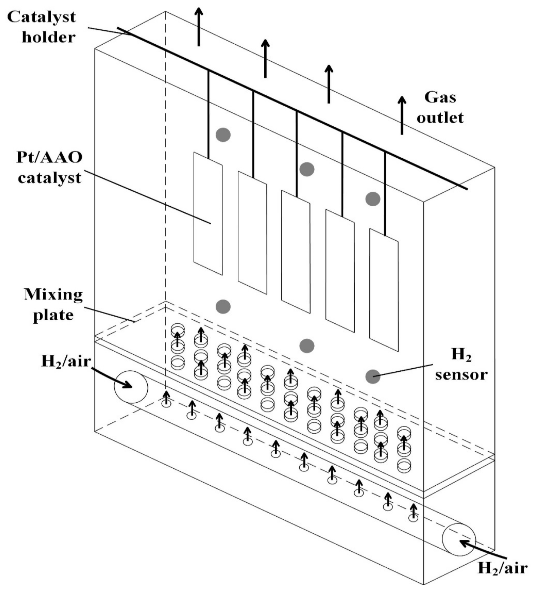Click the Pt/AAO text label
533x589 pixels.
(x=49, y=158)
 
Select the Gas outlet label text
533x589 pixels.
(x=440, y=108)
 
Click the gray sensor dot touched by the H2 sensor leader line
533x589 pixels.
(x=373, y=376)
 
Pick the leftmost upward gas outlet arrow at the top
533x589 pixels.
(x=199, y=26)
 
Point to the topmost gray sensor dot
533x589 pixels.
(x=223, y=135)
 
